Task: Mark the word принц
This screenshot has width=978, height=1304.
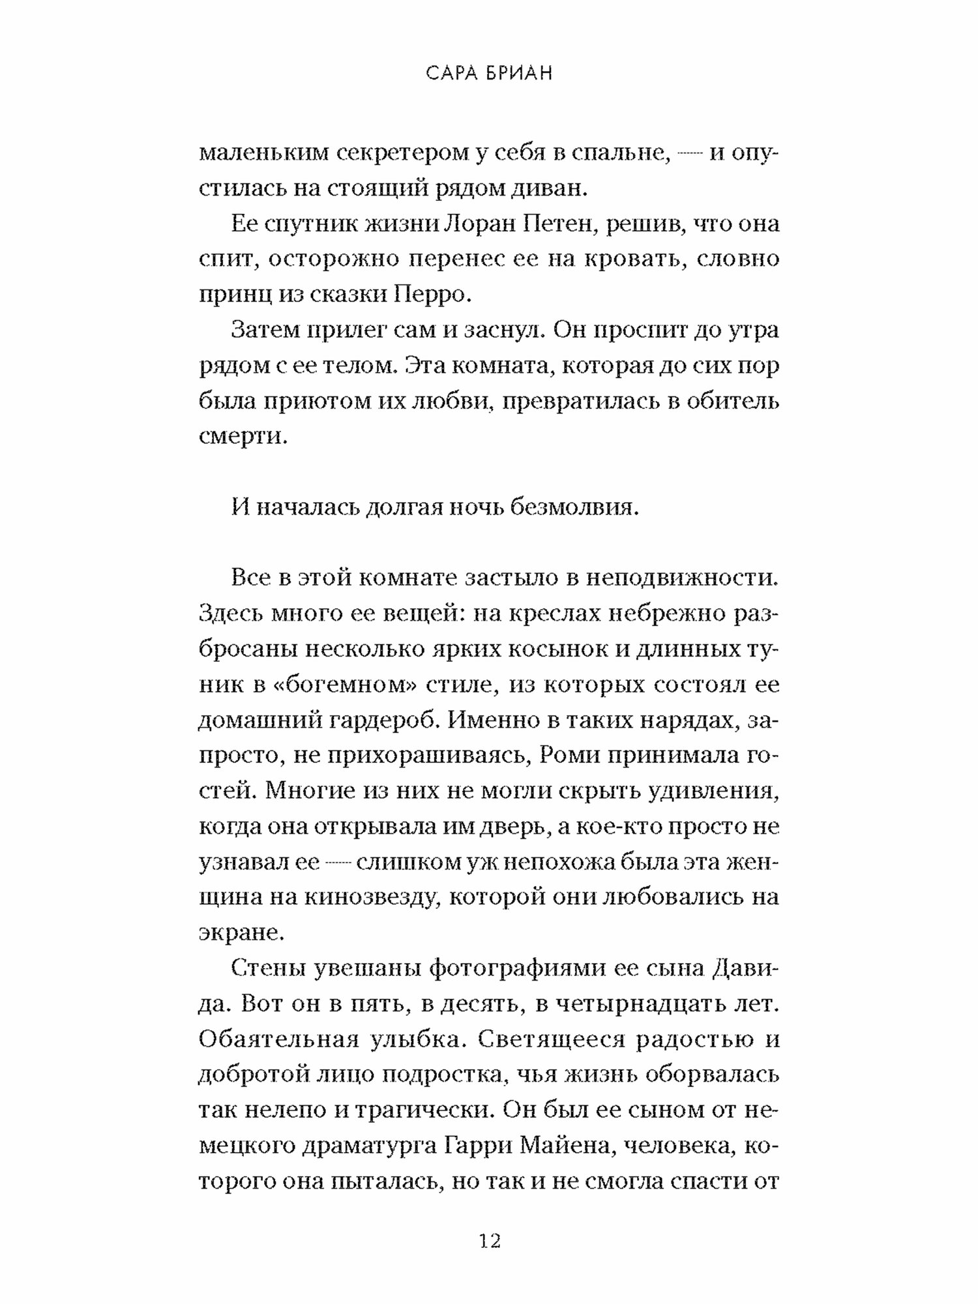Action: click(x=232, y=295)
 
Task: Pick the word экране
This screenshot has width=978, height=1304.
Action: click(x=241, y=933)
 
